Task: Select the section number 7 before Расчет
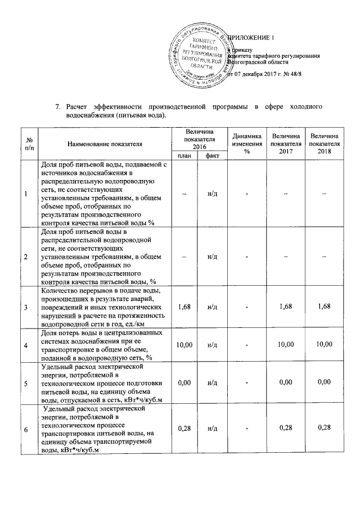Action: (57, 107)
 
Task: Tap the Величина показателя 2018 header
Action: (324, 144)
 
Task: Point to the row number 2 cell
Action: (25, 257)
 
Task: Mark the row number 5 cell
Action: (25, 382)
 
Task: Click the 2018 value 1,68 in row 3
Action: (324, 307)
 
